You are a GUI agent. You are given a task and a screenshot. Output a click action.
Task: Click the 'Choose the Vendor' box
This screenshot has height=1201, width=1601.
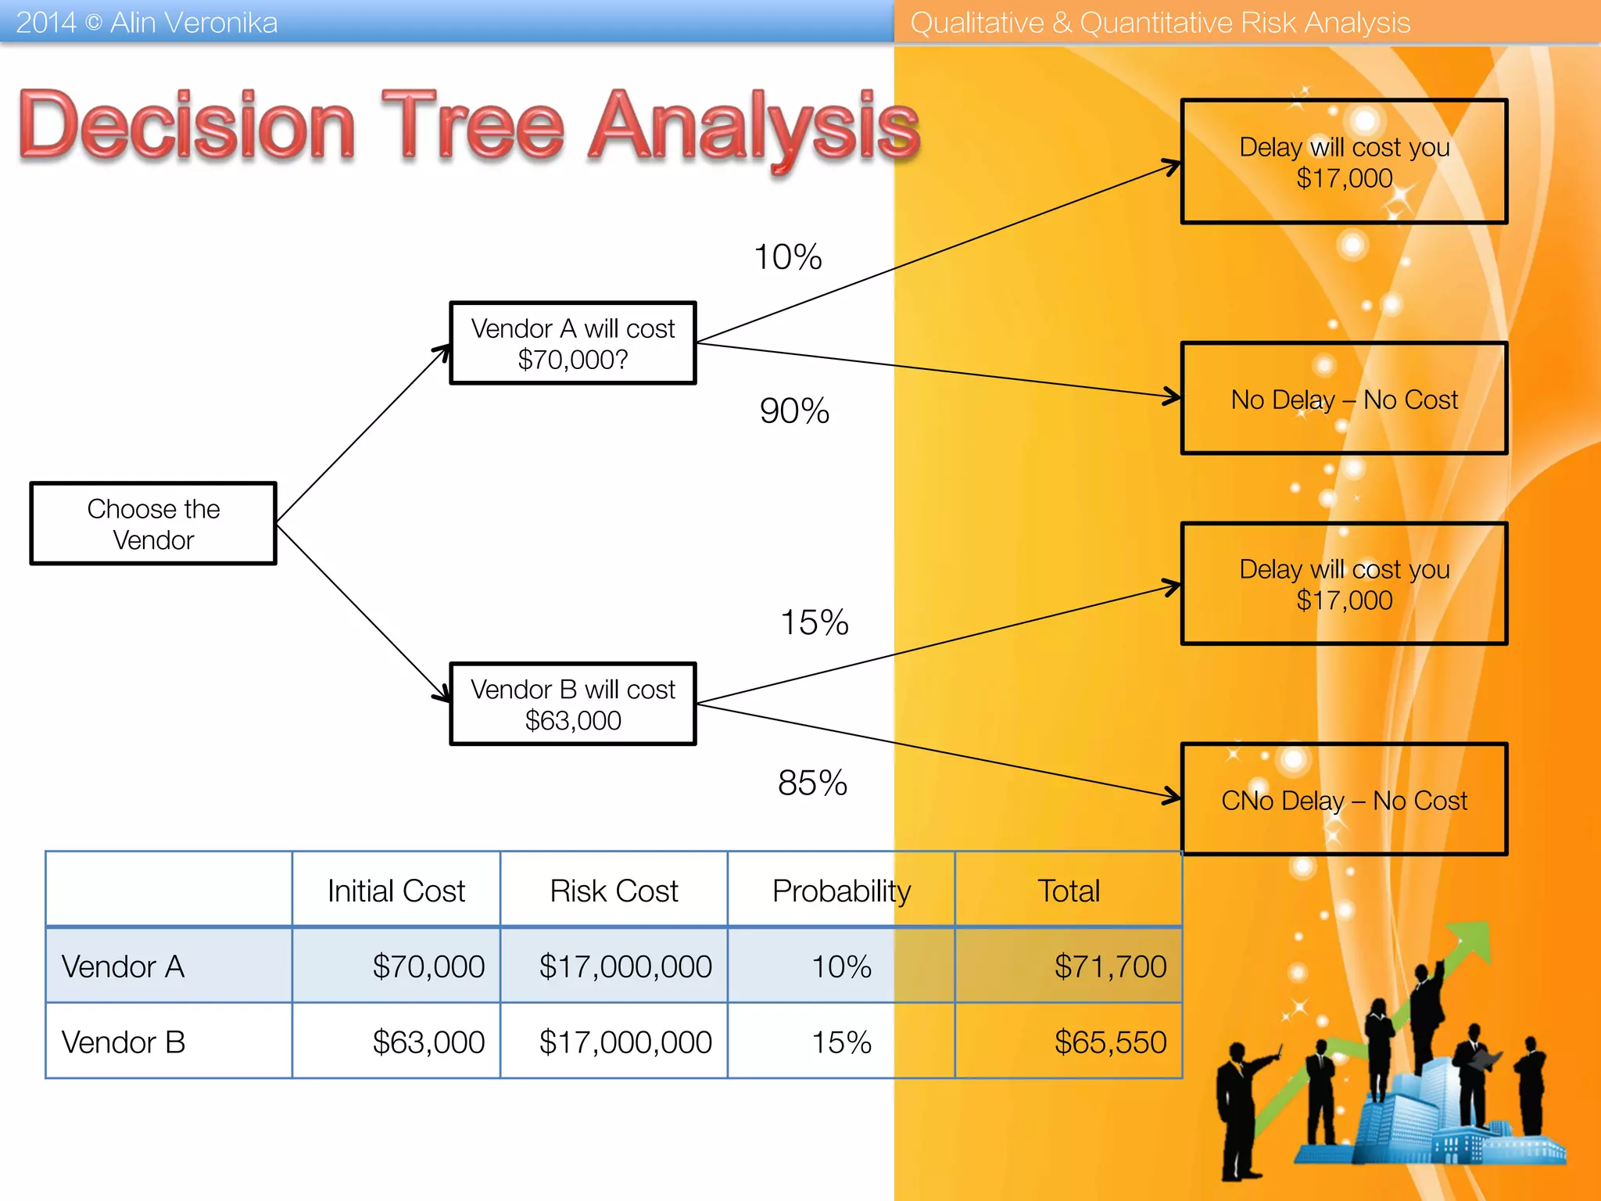tap(153, 524)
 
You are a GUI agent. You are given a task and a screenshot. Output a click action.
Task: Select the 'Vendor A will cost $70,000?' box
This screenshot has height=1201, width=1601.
tap(572, 343)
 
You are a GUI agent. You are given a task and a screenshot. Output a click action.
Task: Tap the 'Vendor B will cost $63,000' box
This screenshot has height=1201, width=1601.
tap(572, 704)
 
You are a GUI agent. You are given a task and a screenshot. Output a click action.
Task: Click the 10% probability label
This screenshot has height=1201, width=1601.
tap(787, 257)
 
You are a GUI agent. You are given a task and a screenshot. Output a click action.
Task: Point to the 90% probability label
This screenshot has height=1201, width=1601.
tap(794, 411)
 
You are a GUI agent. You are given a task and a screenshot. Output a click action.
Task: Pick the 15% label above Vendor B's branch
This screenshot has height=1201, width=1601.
tap(814, 623)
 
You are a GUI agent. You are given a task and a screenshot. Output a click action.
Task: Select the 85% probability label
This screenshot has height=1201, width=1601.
tap(812, 783)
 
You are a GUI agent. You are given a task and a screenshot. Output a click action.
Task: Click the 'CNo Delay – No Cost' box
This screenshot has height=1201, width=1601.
tap(1344, 800)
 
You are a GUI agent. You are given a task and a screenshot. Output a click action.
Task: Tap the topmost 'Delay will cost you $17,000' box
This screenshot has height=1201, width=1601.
tap(1344, 162)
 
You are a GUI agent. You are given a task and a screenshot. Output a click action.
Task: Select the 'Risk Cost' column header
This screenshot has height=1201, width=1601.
tap(614, 891)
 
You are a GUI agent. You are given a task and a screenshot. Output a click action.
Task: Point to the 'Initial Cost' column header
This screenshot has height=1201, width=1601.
tap(396, 891)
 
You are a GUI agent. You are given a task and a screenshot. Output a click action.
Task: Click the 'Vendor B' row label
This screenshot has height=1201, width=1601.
tap(124, 1042)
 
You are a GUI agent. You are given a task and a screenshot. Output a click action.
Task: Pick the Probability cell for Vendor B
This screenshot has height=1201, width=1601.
tap(841, 1042)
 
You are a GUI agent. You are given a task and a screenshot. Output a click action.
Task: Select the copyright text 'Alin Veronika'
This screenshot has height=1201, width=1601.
tap(193, 23)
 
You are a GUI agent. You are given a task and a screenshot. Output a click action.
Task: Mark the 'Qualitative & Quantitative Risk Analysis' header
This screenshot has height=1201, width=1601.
tap(1160, 23)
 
